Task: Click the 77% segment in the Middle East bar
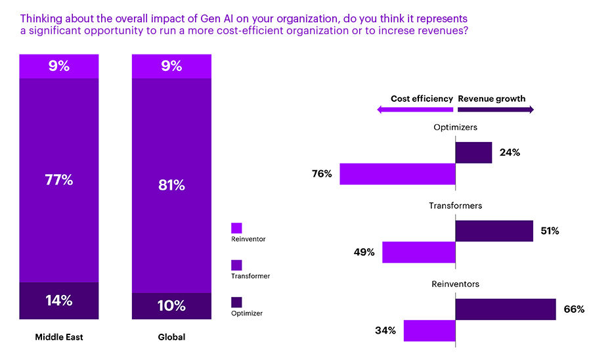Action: [58, 180]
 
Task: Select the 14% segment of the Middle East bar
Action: [58, 302]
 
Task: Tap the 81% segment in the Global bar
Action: [171, 185]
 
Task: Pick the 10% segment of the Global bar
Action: [171, 306]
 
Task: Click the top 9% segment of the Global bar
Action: [171, 66]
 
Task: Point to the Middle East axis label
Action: [58, 337]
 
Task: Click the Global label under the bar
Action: [171, 337]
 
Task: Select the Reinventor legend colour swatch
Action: [236, 228]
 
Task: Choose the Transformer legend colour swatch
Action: [236, 265]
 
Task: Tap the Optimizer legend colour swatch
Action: [236, 302]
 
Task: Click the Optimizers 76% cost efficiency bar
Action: [397, 173]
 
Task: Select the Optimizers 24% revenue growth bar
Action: [473, 152]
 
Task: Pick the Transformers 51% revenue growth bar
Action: [494, 231]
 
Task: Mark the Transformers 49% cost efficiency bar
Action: [418, 252]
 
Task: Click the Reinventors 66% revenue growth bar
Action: [506, 309]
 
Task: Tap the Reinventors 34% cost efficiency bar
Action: [429, 330]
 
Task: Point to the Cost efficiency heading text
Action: [422, 99]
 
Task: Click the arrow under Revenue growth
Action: [495, 110]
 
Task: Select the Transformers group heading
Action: [455, 206]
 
